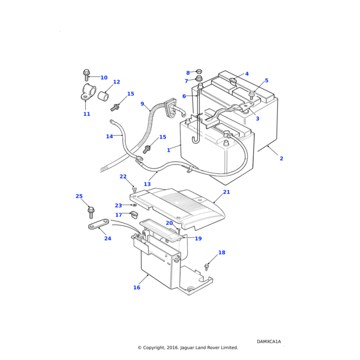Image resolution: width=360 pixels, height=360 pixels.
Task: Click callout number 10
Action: (x=104, y=78)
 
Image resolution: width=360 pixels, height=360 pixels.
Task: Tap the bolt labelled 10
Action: (x=86, y=75)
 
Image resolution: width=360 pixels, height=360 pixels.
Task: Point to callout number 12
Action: (x=116, y=82)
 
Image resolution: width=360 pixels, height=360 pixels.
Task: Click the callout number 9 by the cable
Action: (x=142, y=104)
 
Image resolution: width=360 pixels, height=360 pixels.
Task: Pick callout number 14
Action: (x=109, y=137)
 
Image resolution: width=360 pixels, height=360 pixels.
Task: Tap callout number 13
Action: (x=147, y=184)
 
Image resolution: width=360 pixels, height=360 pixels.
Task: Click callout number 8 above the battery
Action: (x=188, y=73)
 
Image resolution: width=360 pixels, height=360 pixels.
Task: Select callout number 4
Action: (x=247, y=74)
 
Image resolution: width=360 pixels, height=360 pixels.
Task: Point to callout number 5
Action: (x=266, y=80)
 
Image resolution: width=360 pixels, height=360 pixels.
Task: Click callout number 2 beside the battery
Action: (x=281, y=158)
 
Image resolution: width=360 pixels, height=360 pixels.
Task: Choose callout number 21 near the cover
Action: (x=226, y=193)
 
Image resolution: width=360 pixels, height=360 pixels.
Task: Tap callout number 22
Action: (x=123, y=177)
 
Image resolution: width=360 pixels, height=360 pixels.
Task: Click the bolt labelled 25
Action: (x=91, y=211)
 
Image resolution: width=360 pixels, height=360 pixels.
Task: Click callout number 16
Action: (x=137, y=288)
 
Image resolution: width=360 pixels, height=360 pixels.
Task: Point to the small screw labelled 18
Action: (x=206, y=266)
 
